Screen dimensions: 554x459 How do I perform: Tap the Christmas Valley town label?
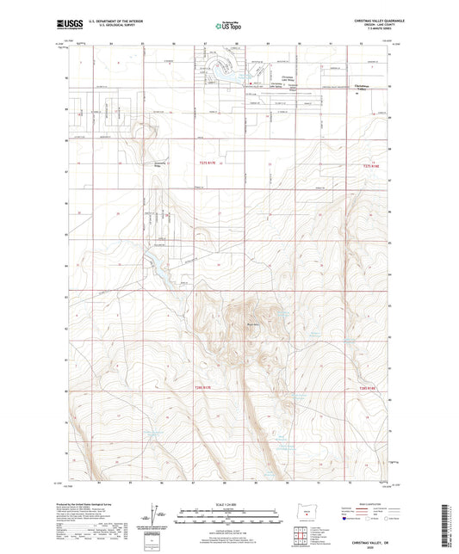pyautogui.click(x=367, y=85)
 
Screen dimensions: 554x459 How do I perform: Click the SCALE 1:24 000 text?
pyautogui.click(x=228, y=503)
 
